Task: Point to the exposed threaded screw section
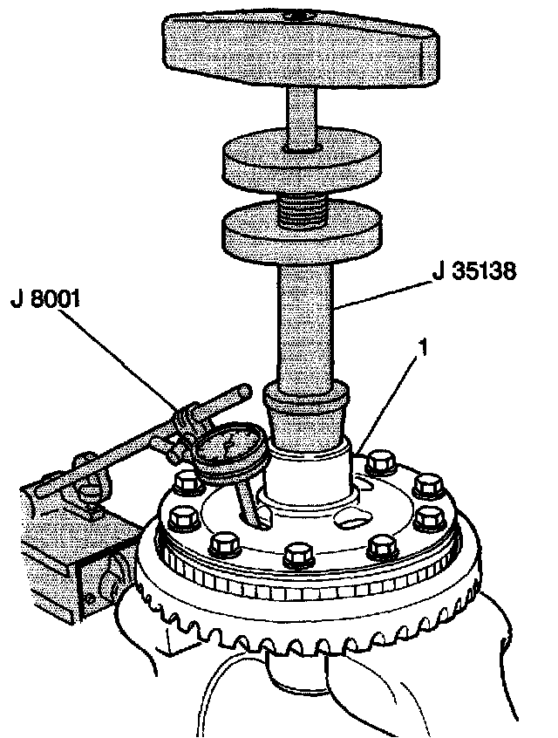click(x=302, y=208)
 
